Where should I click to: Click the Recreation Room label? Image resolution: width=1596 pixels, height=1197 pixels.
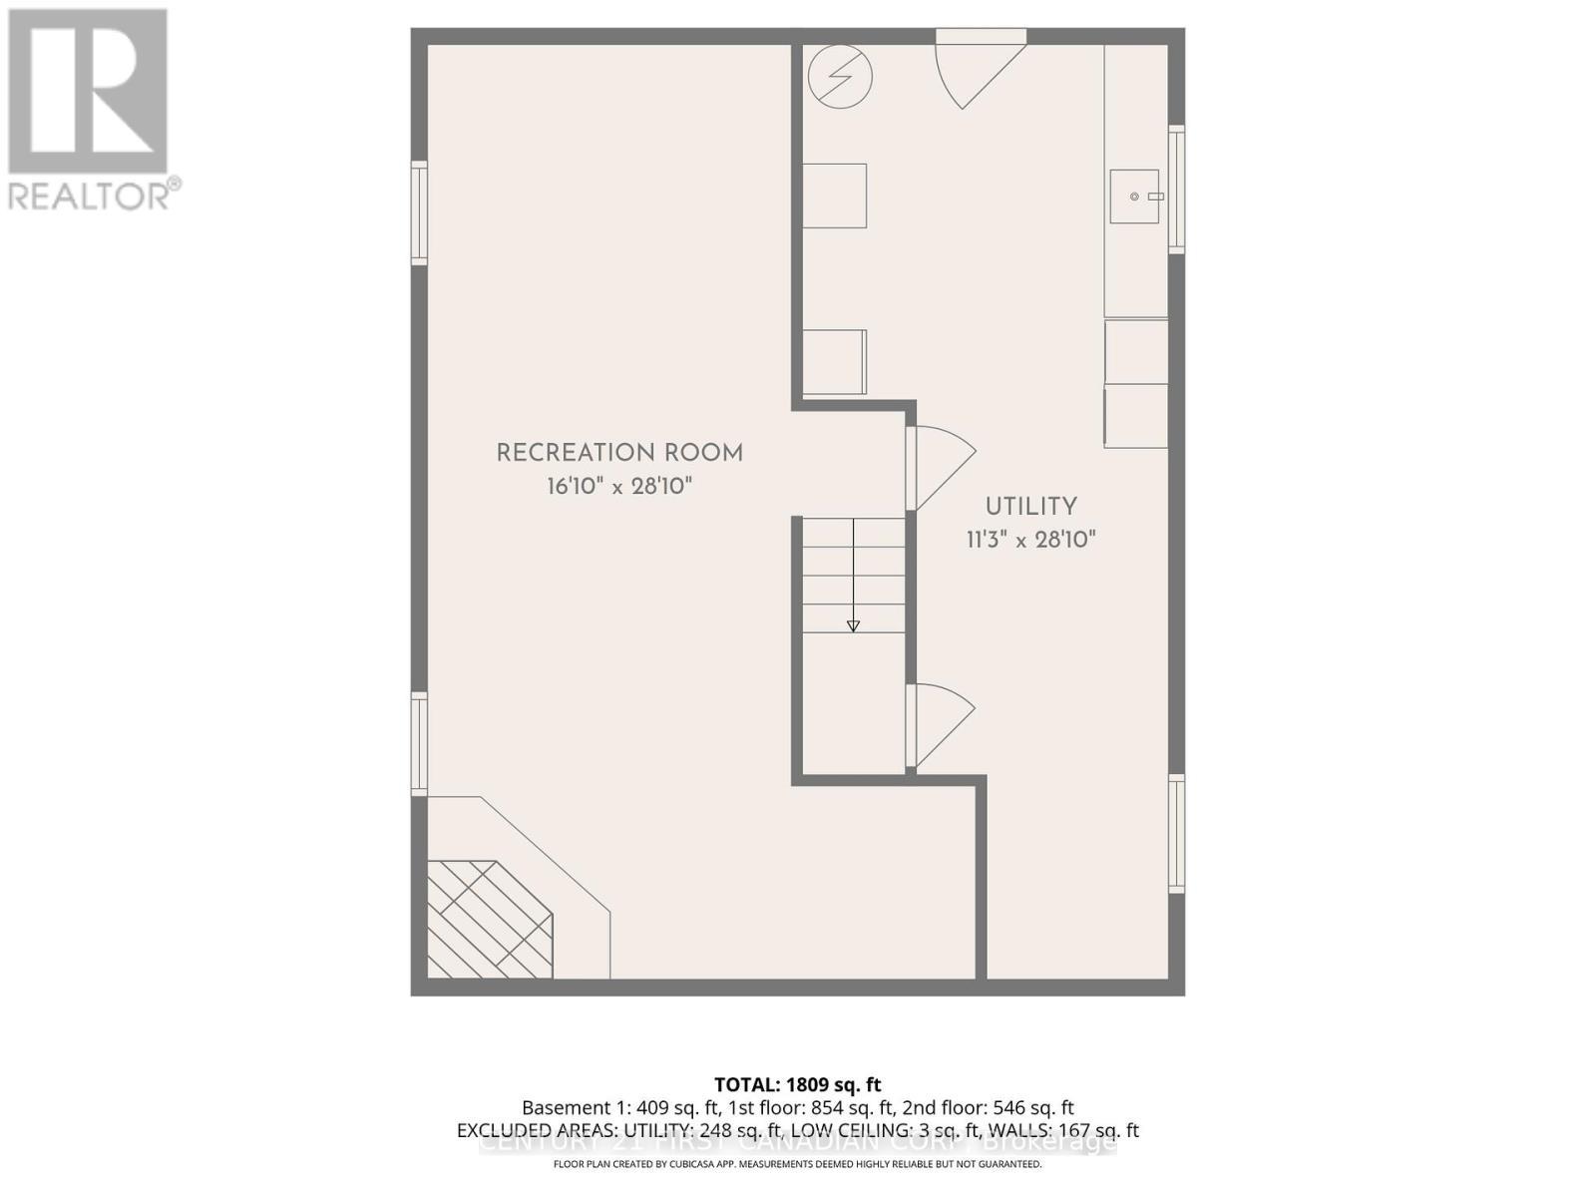coord(619,453)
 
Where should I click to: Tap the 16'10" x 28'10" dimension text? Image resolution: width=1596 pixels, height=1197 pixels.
coord(619,487)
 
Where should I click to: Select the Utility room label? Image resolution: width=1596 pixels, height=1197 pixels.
coord(1031,507)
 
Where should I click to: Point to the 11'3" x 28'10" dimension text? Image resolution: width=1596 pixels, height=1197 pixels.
coord(1031,541)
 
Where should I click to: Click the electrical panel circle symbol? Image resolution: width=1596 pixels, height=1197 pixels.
coord(840,77)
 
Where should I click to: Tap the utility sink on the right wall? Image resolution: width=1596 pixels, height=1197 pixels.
coord(1135,197)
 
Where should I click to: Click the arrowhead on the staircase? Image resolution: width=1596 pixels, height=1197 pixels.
coord(853,625)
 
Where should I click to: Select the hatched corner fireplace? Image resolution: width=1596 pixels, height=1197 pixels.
coord(489,920)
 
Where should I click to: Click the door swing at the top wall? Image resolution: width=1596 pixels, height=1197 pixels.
coord(974,70)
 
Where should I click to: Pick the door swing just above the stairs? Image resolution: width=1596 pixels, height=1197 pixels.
coord(940,466)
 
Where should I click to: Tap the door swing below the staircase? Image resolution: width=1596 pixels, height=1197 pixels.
coord(940,723)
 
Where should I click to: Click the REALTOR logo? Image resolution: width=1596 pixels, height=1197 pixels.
coord(90,110)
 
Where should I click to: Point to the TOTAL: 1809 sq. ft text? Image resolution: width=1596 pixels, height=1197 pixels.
coord(797,1085)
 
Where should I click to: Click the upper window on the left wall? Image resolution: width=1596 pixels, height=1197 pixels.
coord(420,213)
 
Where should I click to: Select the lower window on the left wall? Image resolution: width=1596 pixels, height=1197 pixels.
coord(420,744)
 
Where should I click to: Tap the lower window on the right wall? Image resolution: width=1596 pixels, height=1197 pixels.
coord(1177,834)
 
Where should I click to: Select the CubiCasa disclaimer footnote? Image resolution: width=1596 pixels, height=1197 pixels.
coord(797,1164)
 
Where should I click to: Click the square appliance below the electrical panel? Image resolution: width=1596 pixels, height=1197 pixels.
coord(835,196)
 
